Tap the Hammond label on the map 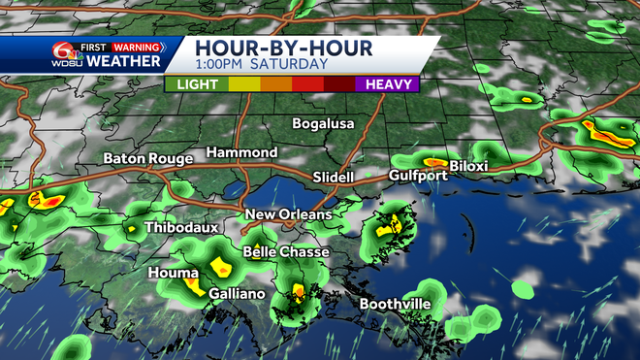click(241, 153)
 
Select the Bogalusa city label click(324, 124)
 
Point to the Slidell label click(335, 178)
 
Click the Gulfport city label click(418, 176)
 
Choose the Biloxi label click(468, 166)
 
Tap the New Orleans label click(288, 214)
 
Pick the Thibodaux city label click(176, 228)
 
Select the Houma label click(174, 274)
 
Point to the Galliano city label click(237, 292)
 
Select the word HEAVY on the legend click(387, 84)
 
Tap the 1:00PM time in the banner click(220, 65)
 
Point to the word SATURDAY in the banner click(290, 65)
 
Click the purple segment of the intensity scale click(387, 84)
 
